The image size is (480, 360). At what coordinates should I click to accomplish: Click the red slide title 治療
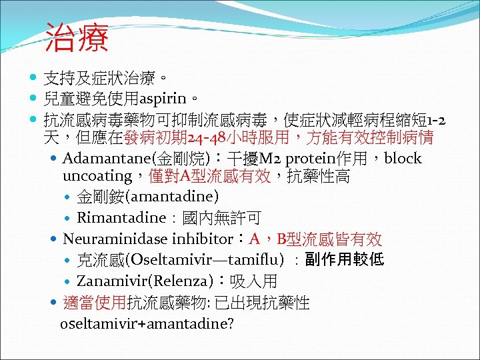pyautogui.click(x=77, y=38)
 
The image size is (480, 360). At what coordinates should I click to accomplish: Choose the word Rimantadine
pyautogui.click(x=121, y=218)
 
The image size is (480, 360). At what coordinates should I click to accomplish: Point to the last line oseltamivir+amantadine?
pyautogui.click(x=147, y=324)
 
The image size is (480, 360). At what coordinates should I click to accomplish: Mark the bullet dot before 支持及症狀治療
pyautogui.click(x=35, y=78)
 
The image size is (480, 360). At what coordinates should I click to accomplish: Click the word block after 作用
pyautogui.click(x=403, y=159)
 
